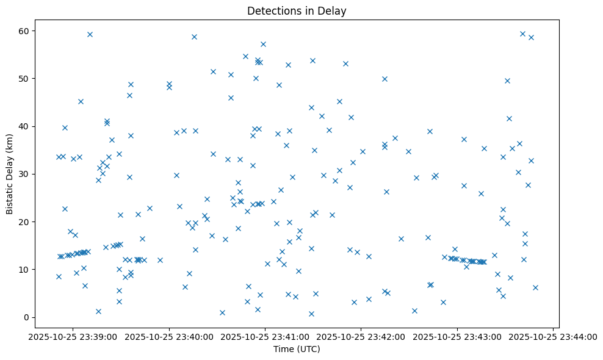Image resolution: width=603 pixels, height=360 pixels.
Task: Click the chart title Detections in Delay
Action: point(297,11)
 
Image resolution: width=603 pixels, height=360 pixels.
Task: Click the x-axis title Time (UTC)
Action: point(297,349)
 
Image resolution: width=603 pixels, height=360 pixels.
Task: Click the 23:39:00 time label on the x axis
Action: point(73,336)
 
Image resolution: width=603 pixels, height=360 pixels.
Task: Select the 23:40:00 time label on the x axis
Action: point(169,336)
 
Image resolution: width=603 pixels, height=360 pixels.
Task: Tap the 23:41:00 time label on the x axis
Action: point(265,336)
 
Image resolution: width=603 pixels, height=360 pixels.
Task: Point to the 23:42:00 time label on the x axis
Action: point(361,336)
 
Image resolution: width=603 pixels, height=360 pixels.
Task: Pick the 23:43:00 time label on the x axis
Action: point(457,336)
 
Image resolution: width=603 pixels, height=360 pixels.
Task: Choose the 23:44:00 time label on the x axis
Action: point(553,336)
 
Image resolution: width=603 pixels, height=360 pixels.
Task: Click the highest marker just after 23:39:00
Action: point(90,34)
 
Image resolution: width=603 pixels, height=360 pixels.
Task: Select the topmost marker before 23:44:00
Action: point(522,34)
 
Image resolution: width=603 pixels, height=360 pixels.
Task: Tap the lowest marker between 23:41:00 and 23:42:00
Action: point(311,314)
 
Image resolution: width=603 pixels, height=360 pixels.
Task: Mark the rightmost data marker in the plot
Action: point(535,287)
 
